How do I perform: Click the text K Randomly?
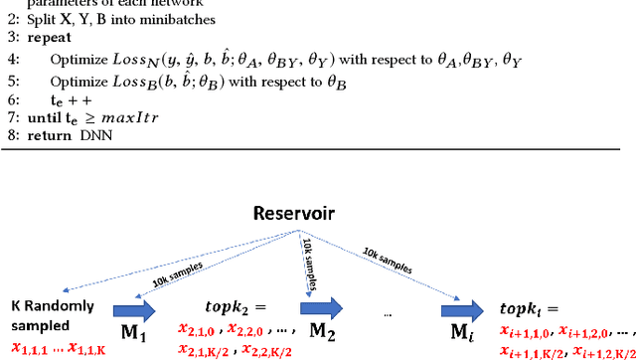point(49,306)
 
